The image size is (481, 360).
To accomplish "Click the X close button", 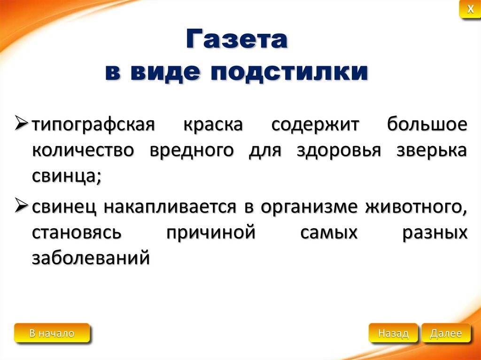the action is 470,9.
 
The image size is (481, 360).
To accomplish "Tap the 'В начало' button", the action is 52,333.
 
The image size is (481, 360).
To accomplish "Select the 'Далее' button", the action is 446,333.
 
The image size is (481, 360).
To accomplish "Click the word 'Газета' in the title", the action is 237,39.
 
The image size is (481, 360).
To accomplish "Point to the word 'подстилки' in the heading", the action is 289,73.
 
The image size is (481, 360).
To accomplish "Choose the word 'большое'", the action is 427,124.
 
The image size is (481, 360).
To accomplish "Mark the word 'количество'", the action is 83,151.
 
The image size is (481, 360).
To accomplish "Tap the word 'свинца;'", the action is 67,177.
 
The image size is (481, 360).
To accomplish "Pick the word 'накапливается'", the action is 170,207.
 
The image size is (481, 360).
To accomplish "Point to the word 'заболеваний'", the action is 91,258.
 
